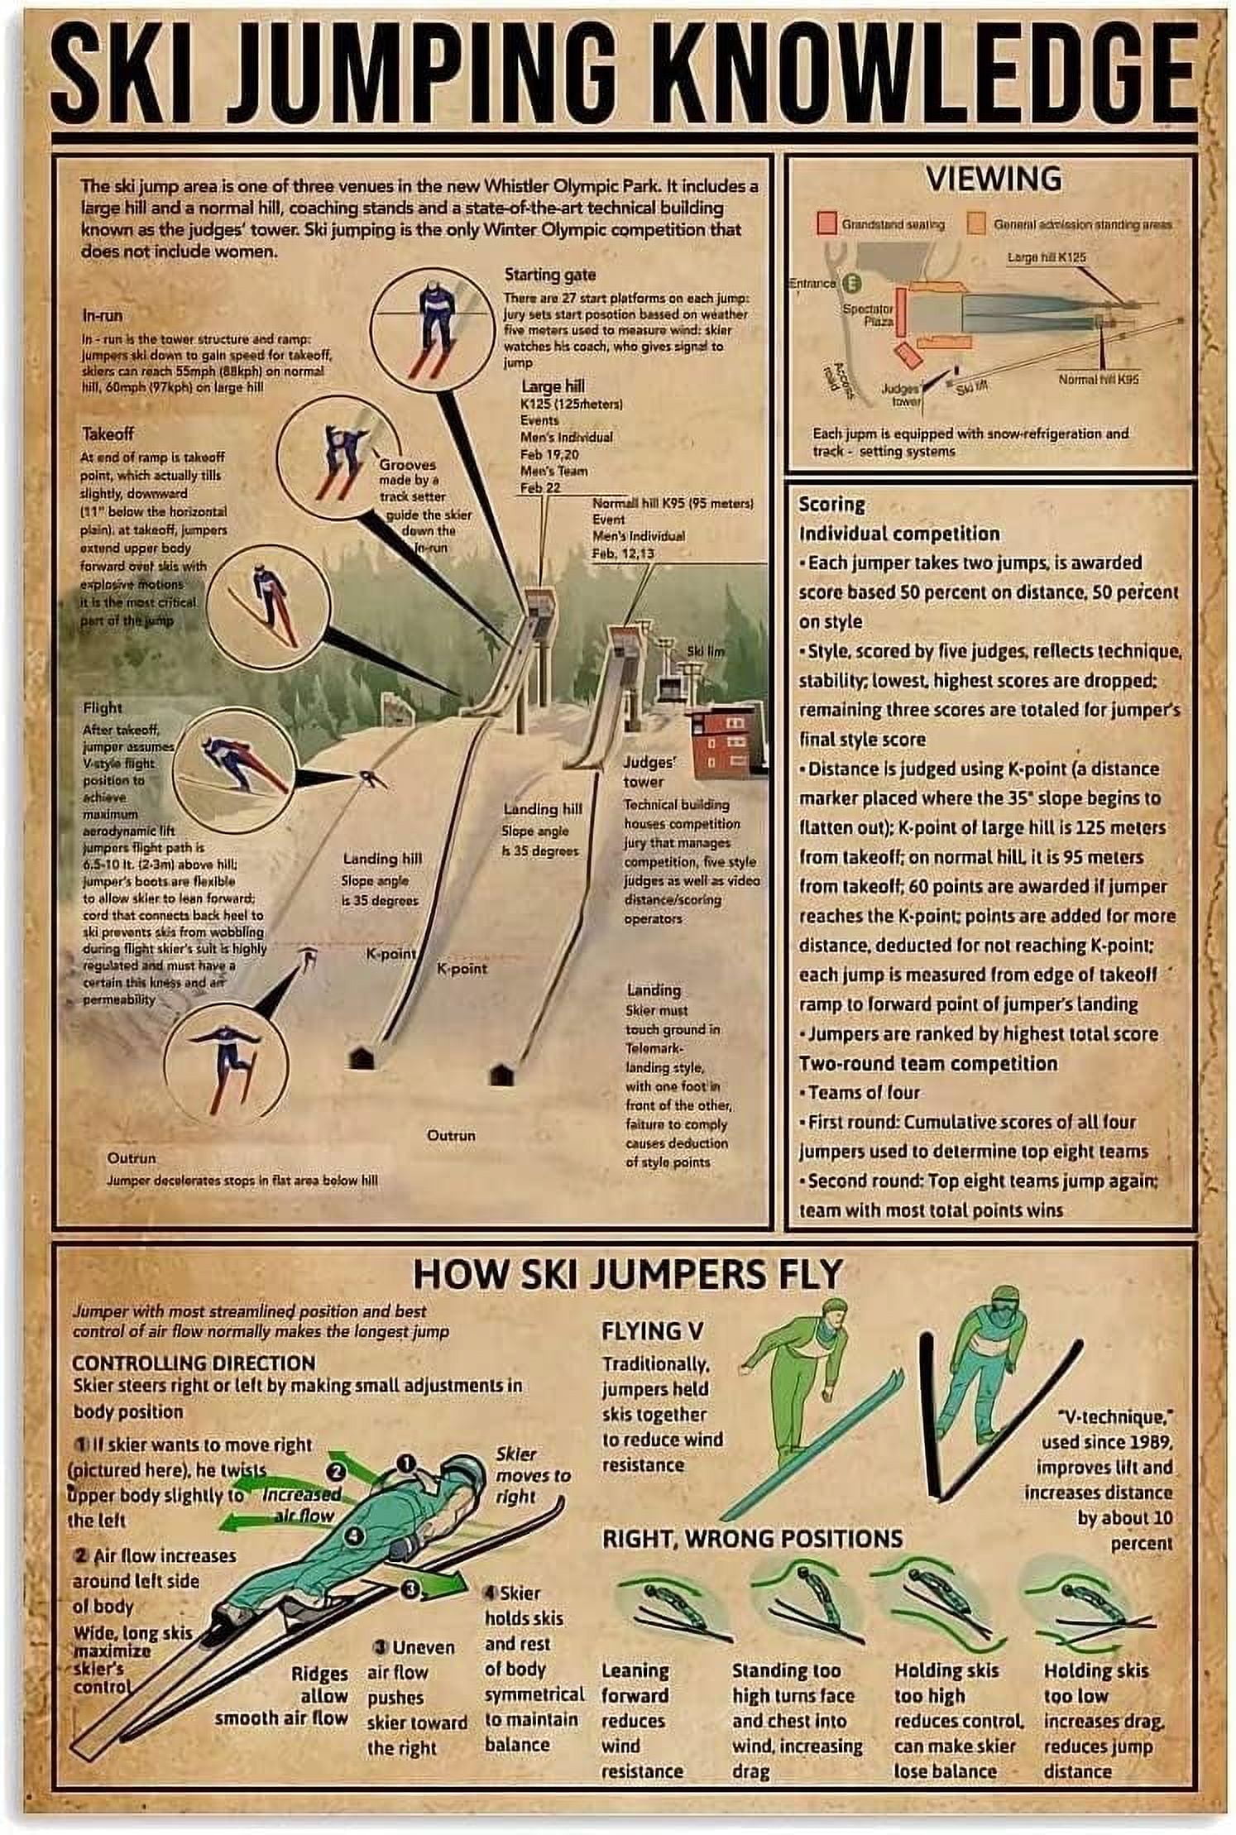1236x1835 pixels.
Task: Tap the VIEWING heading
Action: pyautogui.click(x=994, y=179)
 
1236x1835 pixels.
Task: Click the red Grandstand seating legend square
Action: pyautogui.click(x=826, y=223)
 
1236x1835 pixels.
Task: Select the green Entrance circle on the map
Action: pyautogui.click(x=851, y=283)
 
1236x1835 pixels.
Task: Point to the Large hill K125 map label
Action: pyautogui.click(x=1046, y=257)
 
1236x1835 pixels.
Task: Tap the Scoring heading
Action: pyautogui.click(x=831, y=504)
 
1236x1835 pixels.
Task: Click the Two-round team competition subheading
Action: pyautogui.click(x=927, y=1063)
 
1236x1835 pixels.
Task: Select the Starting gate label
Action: pyautogui.click(x=549, y=275)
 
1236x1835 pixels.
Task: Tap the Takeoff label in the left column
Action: pyautogui.click(x=108, y=434)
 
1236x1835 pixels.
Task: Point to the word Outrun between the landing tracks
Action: pyautogui.click(x=451, y=1135)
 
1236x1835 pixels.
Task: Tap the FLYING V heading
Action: pyautogui.click(x=653, y=1331)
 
